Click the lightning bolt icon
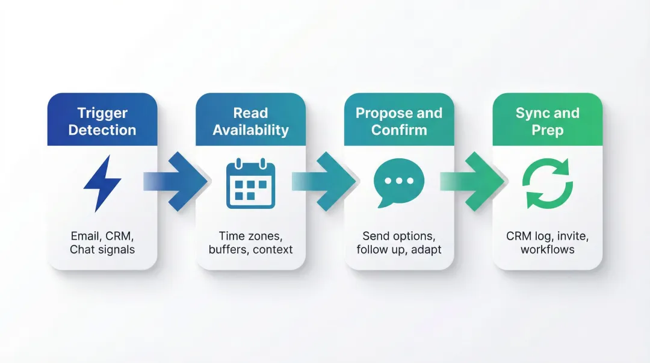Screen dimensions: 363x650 (102, 183)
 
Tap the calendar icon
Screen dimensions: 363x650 (250, 183)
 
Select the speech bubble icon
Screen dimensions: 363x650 (398, 182)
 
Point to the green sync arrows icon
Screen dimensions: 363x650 (547, 183)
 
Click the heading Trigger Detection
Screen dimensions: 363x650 (102, 121)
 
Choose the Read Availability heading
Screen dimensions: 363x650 (250, 121)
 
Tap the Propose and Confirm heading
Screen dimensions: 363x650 (398, 121)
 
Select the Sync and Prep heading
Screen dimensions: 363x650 (547, 121)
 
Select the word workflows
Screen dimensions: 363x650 (547, 249)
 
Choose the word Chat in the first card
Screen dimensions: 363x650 (82, 249)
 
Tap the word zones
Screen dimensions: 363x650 (265, 235)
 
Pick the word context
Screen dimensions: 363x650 (273, 249)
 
